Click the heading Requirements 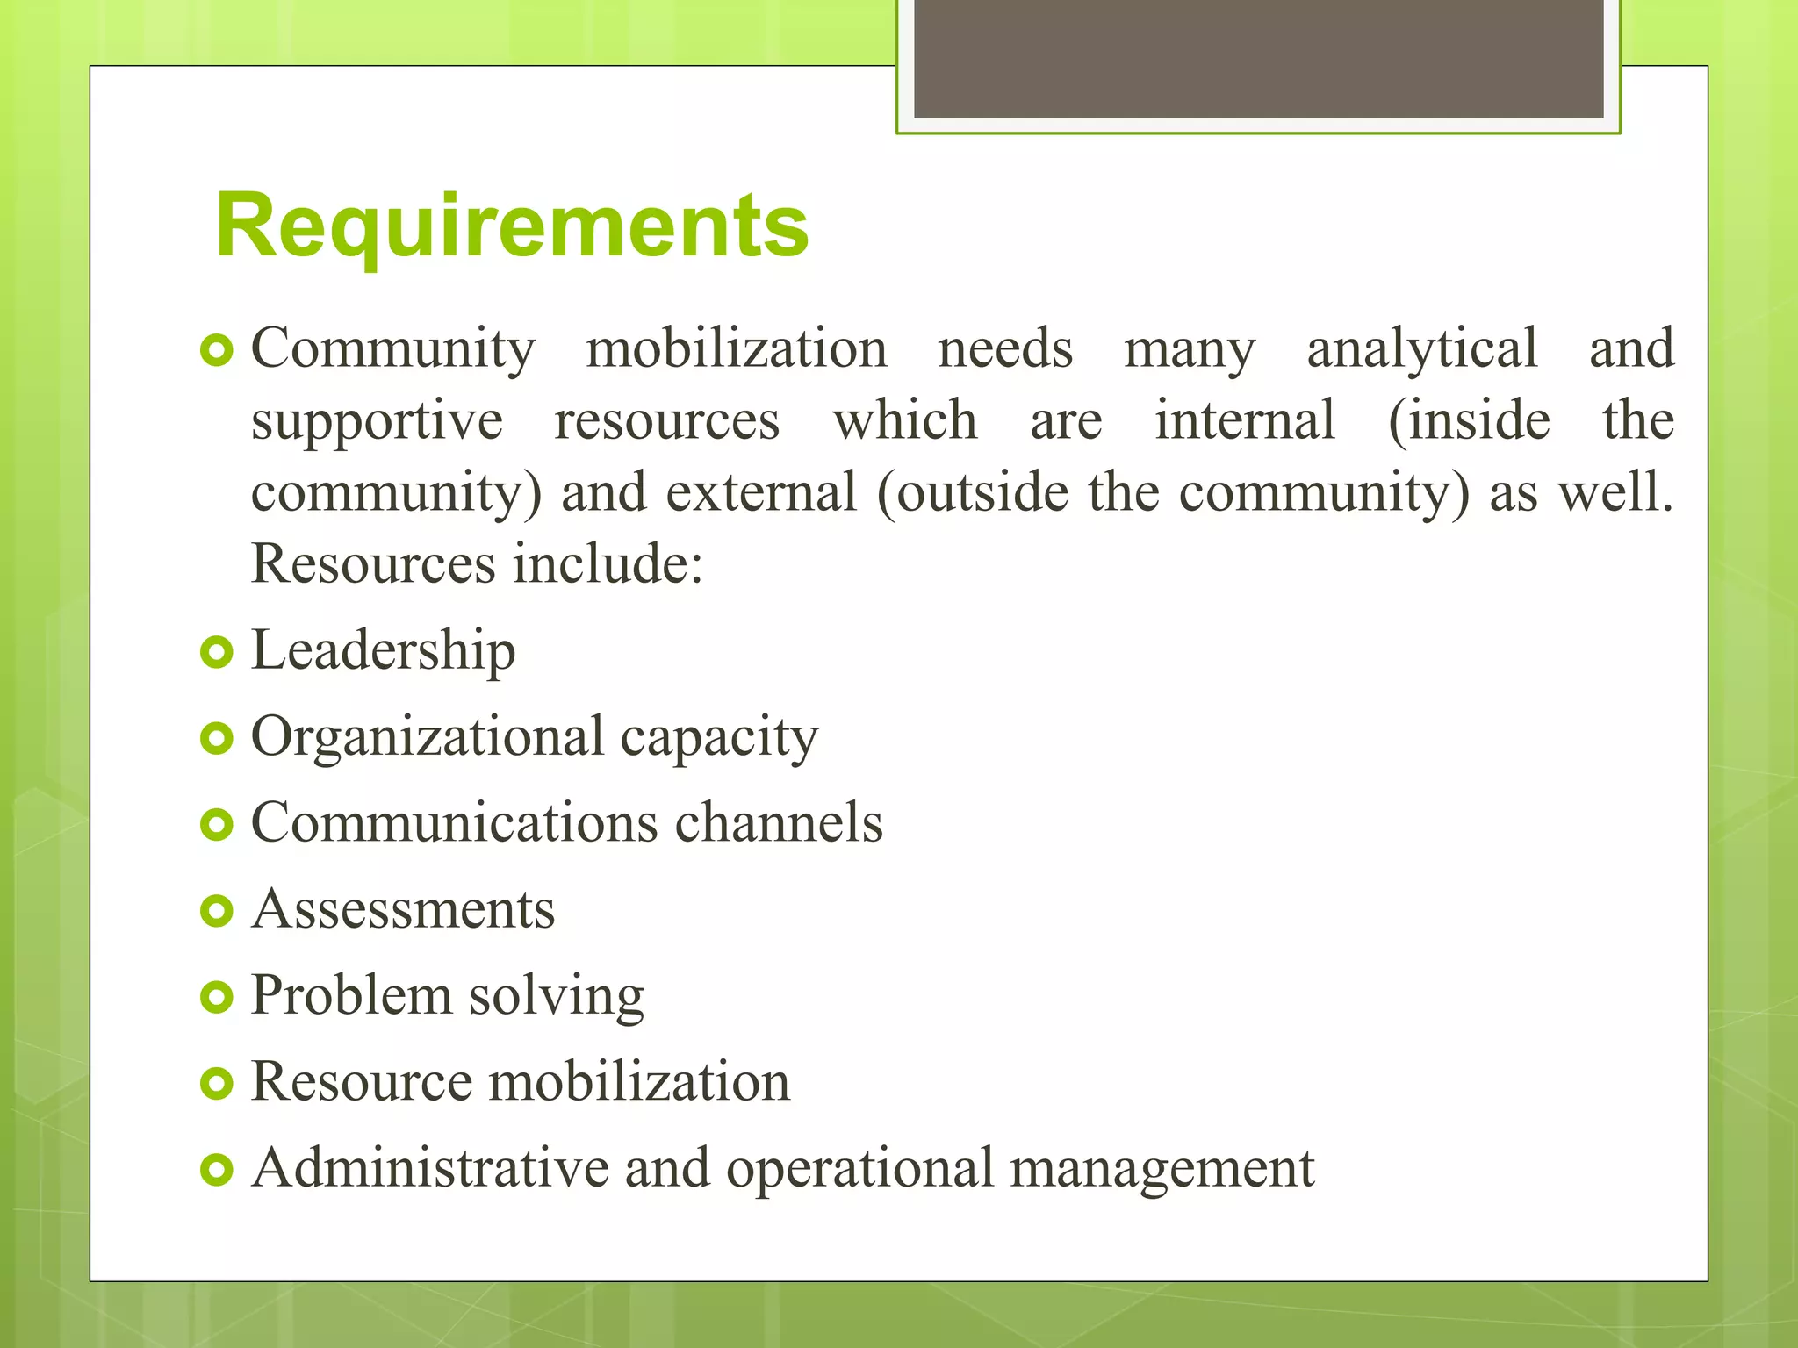click(x=512, y=226)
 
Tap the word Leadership click(x=383, y=650)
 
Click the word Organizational click(x=428, y=735)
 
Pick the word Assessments click(x=403, y=908)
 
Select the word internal click(x=1244, y=419)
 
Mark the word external click(x=760, y=492)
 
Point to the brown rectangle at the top click(x=1258, y=59)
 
